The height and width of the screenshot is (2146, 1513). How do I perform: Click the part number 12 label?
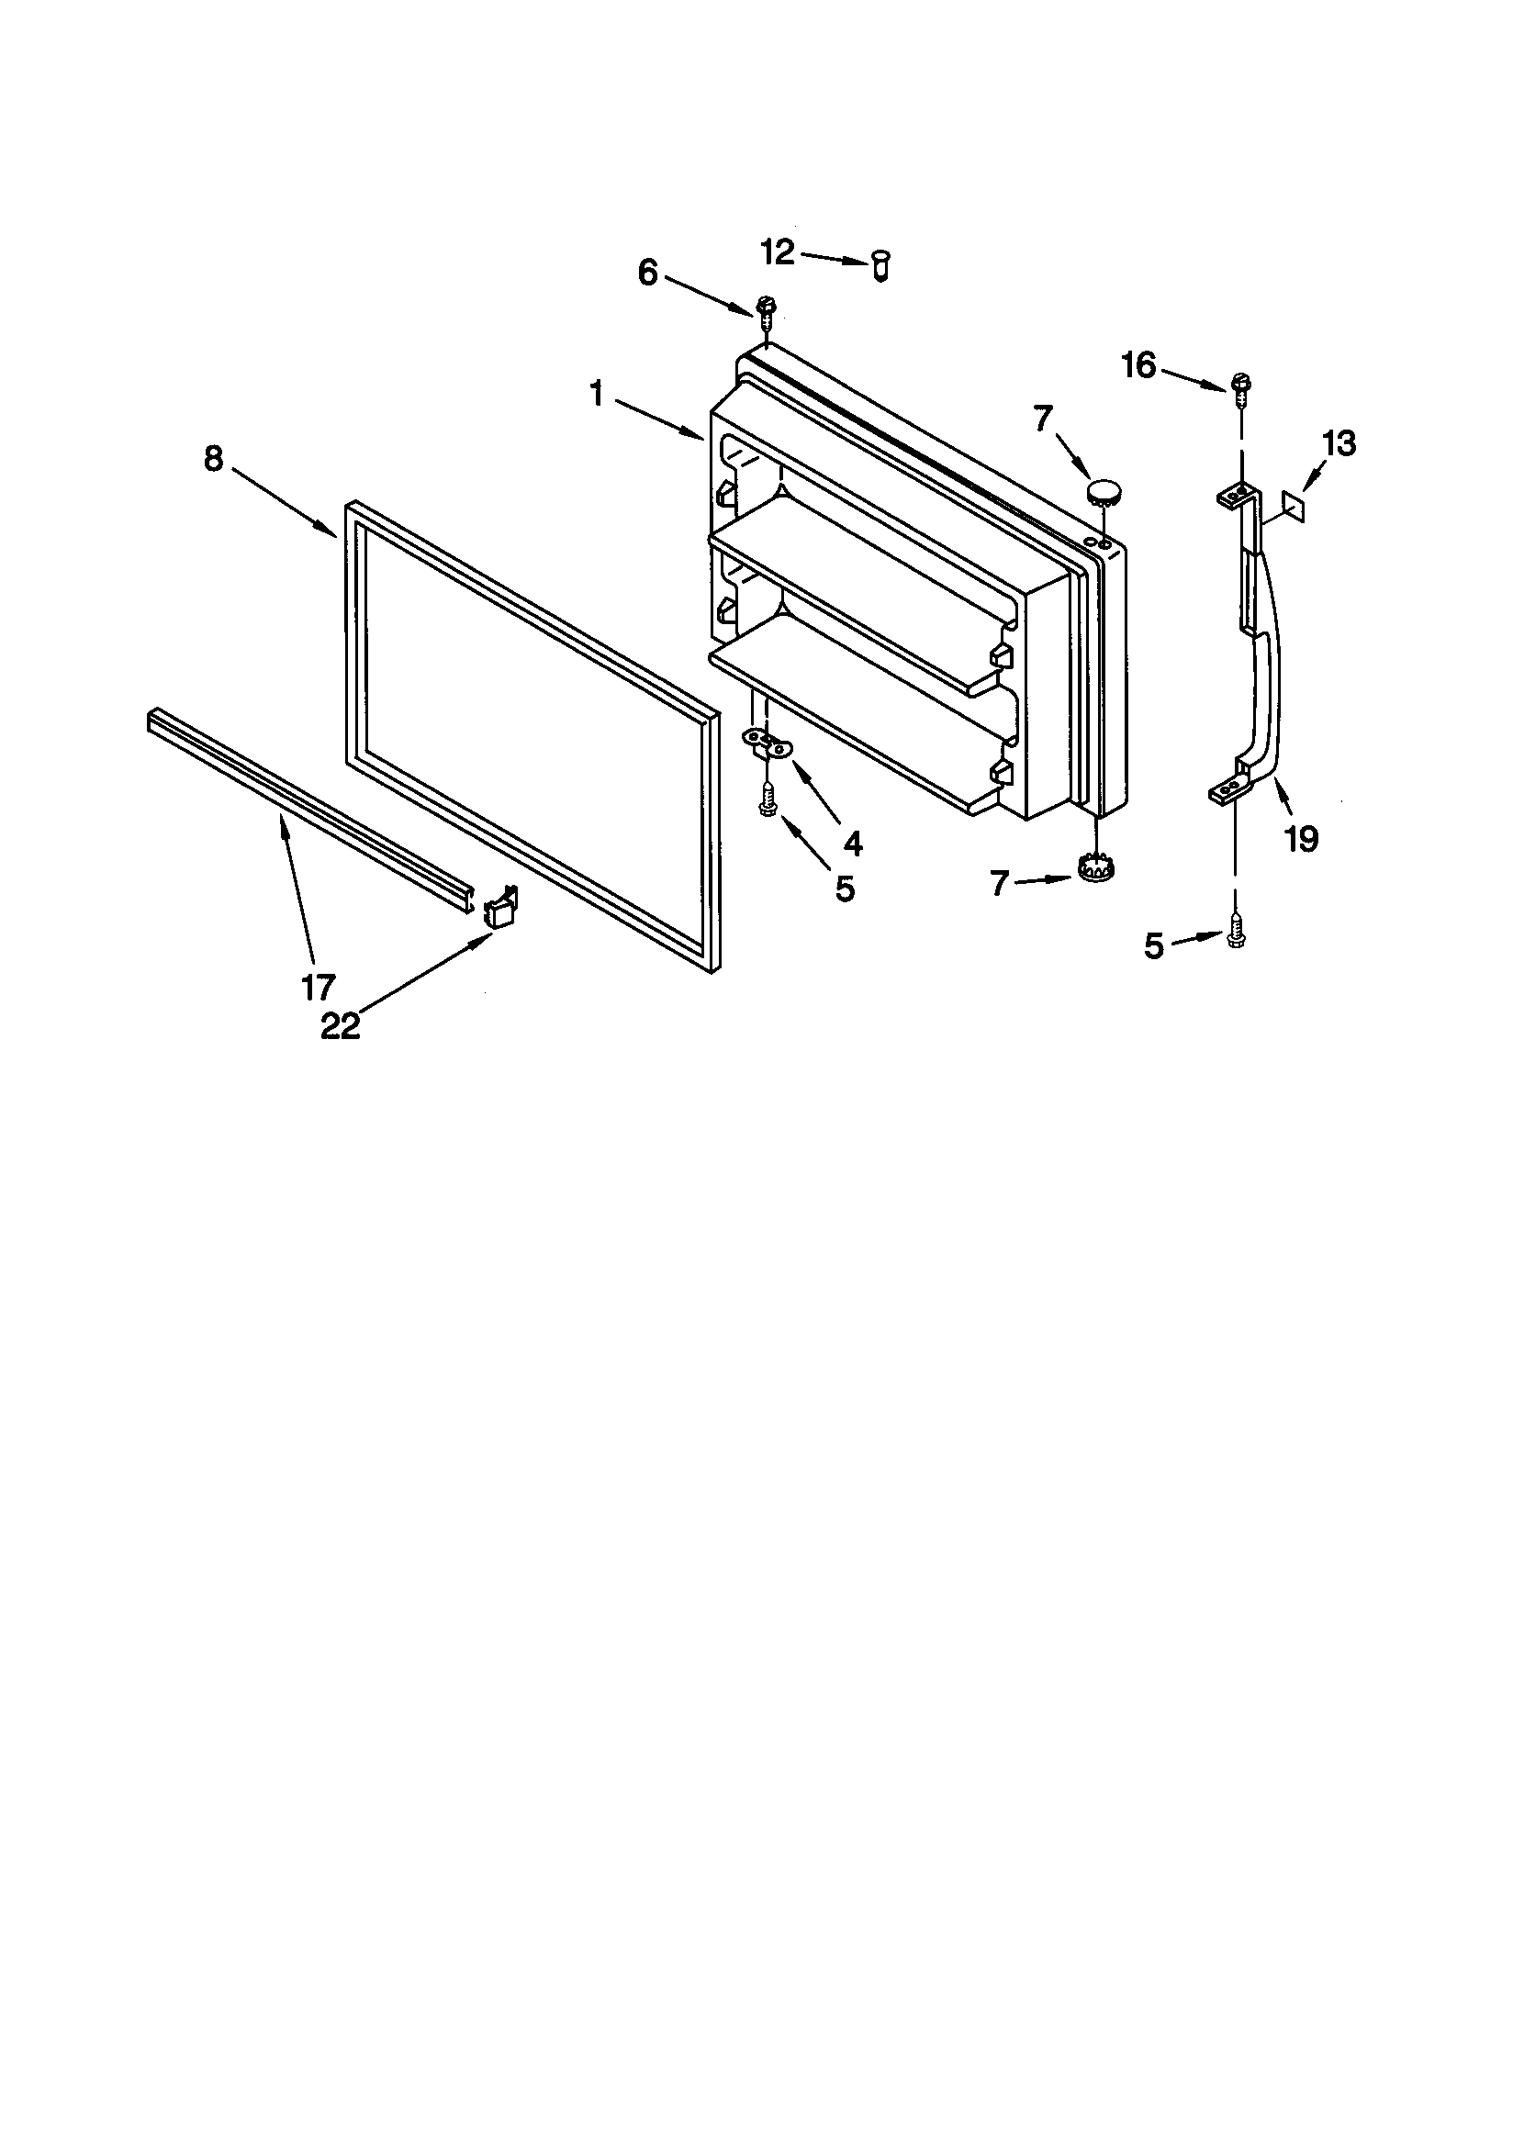(777, 251)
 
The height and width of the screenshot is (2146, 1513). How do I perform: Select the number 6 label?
(648, 273)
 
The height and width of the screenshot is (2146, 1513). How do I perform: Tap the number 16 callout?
(1139, 365)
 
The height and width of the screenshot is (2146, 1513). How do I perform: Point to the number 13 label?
(1339, 443)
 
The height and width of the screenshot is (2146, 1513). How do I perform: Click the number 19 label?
(1301, 839)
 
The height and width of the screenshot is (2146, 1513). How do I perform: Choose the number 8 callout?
(214, 459)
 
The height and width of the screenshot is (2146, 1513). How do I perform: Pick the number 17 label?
(318, 986)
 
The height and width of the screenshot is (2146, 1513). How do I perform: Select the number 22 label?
(341, 1026)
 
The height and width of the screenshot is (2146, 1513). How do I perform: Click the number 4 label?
(852, 844)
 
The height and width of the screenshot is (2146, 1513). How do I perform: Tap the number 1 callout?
(597, 395)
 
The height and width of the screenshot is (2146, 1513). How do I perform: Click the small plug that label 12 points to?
(880, 266)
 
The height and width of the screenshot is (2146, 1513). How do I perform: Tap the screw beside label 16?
(1242, 386)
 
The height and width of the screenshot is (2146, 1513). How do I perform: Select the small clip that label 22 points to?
(500, 908)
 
